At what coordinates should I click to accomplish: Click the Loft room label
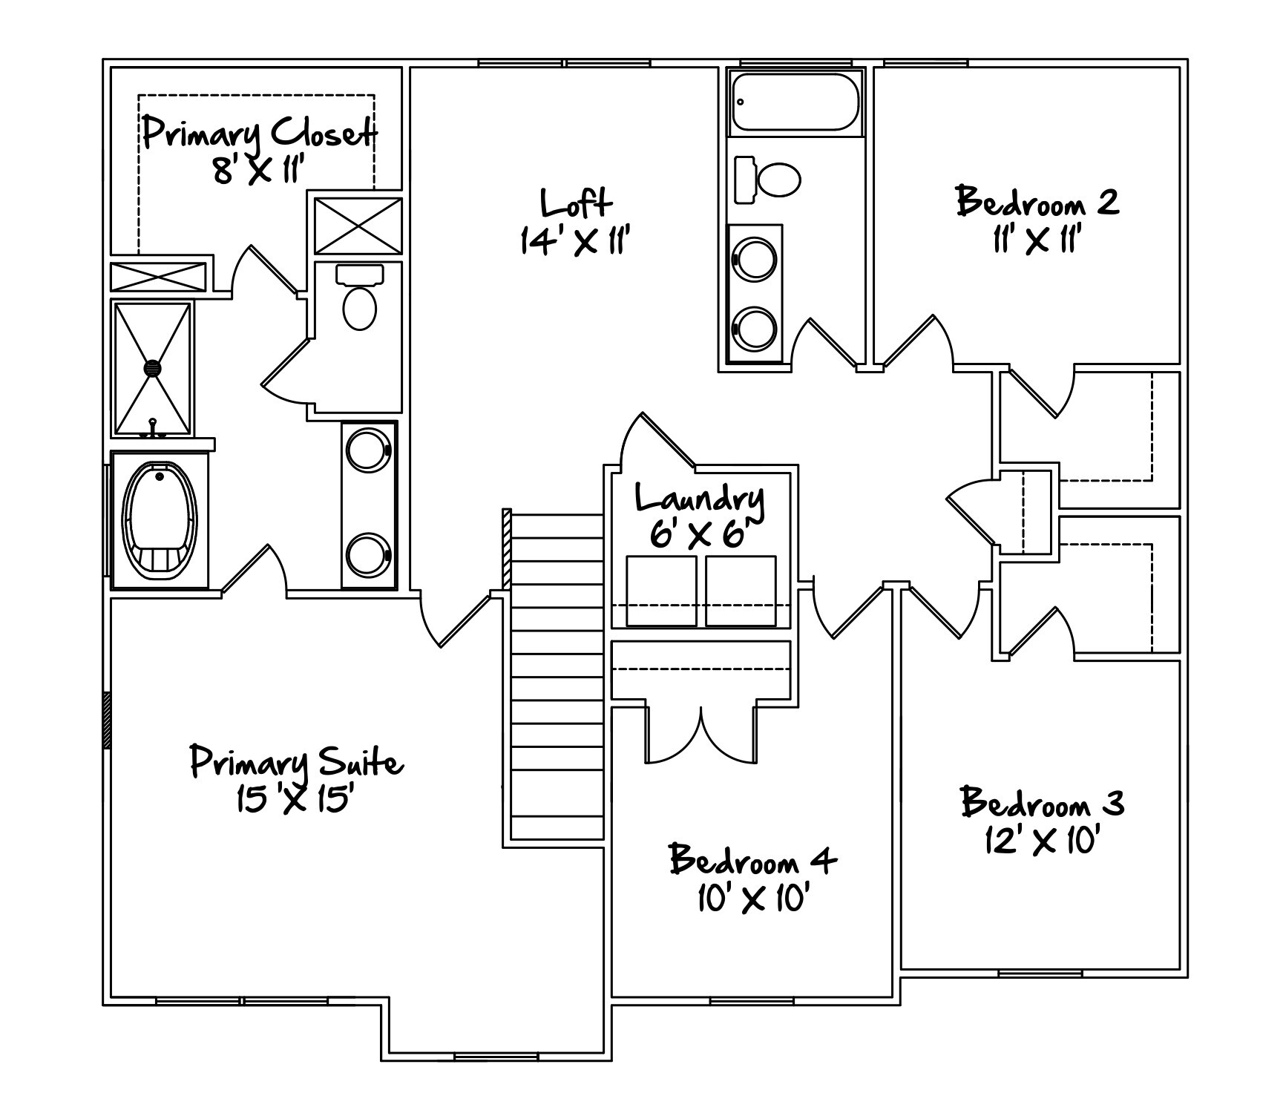[577, 203]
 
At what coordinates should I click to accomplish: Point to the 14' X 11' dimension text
[575, 240]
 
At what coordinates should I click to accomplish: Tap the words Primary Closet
[259, 133]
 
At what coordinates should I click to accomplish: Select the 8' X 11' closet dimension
[259, 170]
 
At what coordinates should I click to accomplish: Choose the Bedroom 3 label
[1043, 802]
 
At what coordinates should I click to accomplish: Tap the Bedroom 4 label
[752, 859]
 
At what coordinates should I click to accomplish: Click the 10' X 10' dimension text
[752, 899]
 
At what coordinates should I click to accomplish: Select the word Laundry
[700, 499]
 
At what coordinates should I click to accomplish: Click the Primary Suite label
[297, 763]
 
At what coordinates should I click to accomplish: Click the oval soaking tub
[160, 520]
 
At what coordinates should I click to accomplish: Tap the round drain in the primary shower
[152, 367]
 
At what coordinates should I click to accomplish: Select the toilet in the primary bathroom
[360, 297]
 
